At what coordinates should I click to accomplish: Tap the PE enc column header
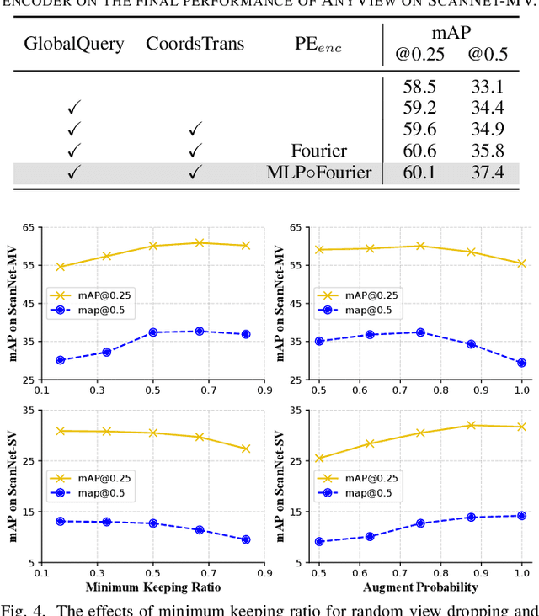point(318,43)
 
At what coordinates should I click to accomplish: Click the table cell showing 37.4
point(487,173)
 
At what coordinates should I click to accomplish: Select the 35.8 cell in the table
point(487,151)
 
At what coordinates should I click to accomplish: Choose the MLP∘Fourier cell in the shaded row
point(318,173)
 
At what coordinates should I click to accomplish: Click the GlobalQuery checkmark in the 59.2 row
point(74,108)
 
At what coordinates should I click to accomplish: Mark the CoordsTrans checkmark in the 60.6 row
point(195,151)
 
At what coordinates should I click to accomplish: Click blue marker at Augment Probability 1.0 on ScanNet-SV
point(521,516)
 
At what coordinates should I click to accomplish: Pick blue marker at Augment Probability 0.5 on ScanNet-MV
point(319,341)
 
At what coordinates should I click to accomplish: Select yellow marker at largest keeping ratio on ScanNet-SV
point(246,449)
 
